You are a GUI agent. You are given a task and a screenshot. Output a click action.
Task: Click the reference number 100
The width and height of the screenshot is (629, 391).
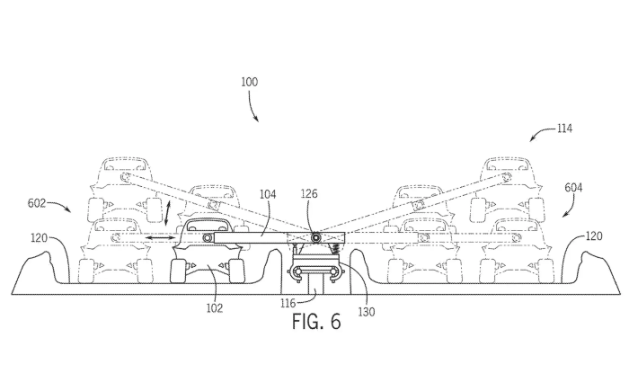click(249, 83)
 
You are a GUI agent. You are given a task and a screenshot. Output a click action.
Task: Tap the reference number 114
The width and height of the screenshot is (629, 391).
click(564, 129)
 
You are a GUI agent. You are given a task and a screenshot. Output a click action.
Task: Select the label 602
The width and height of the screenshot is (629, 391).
click(37, 203)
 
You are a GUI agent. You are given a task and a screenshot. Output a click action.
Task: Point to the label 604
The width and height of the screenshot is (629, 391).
click(573, 188)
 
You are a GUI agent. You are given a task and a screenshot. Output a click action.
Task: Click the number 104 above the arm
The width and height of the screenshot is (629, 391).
click(268, 194)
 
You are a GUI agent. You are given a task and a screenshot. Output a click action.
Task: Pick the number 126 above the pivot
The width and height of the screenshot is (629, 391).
click(309, 194)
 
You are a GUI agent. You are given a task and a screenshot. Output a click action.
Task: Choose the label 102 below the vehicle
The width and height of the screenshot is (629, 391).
click(215, 308)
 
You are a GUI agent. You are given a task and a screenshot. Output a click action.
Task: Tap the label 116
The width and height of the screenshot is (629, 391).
click(288, 303)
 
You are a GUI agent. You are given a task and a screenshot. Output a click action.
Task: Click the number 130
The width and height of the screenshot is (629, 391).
click(367, 312)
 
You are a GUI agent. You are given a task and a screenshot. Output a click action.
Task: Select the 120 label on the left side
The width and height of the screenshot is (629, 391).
click(40, 238)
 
